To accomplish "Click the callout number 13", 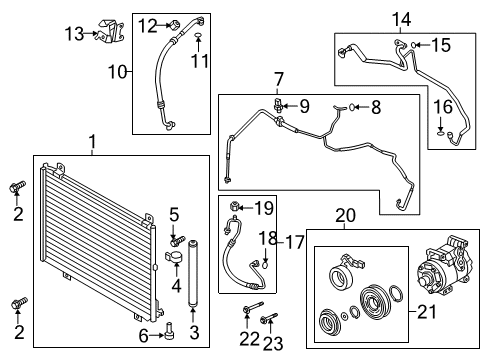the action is (74, 34).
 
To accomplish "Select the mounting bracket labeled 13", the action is (111, 31).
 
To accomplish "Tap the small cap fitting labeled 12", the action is (175, 25).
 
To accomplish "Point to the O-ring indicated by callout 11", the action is (198, 35).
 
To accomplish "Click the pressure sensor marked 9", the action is (278, 105).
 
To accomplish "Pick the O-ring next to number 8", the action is (352, 107).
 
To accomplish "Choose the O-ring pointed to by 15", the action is (413, 45).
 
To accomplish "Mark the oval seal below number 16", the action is (441, 134).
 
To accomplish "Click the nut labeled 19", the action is (234, 207).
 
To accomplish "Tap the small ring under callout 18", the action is (265, 266).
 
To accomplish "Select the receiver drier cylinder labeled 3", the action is (193, 273).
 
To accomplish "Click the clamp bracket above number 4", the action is (174, 258).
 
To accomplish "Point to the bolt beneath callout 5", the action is (177, 241).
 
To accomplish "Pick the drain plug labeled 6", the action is (170, 330).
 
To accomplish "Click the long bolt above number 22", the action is (253, 307).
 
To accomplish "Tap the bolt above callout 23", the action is (269, 318).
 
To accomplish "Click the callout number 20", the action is (345, 215).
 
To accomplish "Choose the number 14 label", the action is (401, 19).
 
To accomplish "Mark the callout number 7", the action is (278, 80).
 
